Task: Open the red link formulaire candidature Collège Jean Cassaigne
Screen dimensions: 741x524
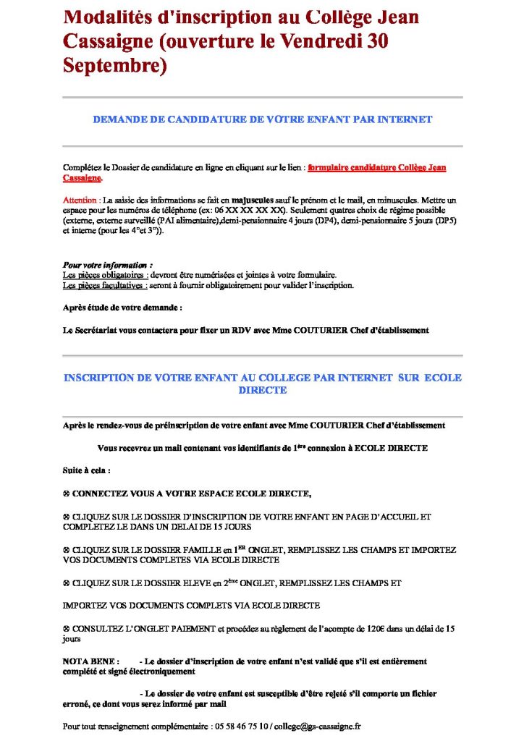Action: (x=376, y=168)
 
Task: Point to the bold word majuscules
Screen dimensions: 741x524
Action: (x=255, y=199)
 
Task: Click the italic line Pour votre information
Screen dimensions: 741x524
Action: (x=107, y=266)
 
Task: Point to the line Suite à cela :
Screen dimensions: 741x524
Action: (x=87, y=470)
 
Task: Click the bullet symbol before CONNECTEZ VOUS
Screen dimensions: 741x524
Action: (x=67, y=494)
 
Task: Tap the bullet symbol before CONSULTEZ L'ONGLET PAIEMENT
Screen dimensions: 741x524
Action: (x=67, y=629)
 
